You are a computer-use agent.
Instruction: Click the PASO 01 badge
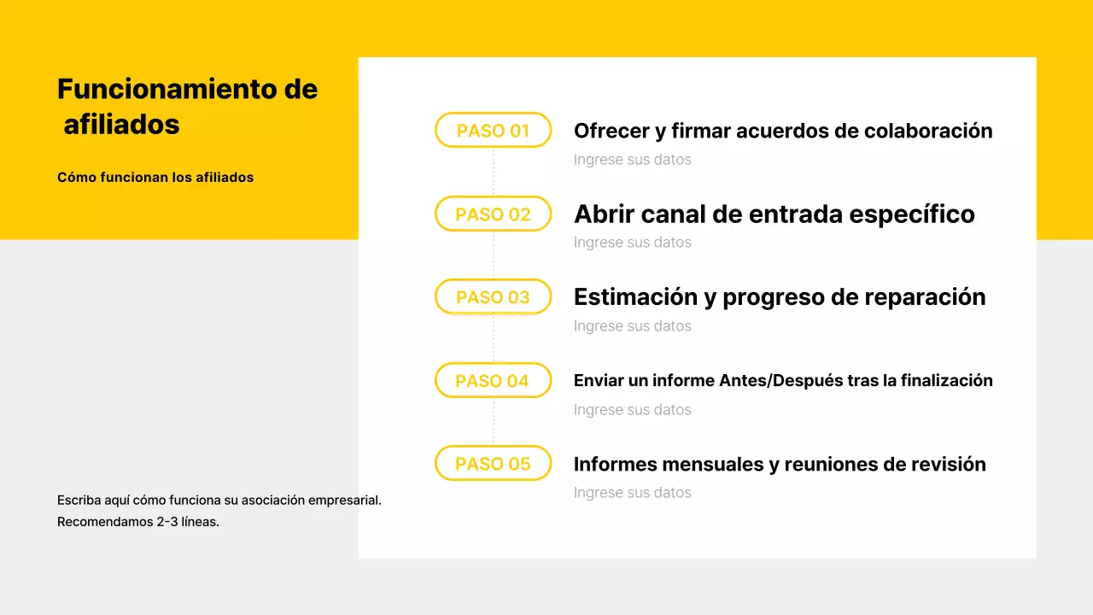tap(493, 131)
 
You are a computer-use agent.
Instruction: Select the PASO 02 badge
tap(493, 214)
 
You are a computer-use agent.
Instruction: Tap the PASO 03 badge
tap(493, 297)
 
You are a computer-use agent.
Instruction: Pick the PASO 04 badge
tap(493, 381)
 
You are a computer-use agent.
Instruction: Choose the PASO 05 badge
tap(493, 464)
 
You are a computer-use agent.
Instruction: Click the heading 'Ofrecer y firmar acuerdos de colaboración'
tap(783, 131)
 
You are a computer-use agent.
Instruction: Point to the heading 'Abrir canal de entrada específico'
tap(774, 214)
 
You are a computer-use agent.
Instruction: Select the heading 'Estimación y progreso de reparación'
tap(780, 297)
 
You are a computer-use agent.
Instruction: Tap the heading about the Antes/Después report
tap(783, 380)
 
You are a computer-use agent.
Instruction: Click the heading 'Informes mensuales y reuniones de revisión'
tap(780, 464)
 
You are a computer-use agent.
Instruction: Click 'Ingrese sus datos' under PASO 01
tap(632, 160)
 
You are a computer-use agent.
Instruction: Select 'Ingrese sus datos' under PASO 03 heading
tap(632, 326)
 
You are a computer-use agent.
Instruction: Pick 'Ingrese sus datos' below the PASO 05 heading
tap(632, 493)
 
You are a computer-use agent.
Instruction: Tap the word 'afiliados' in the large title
tap(121, 125)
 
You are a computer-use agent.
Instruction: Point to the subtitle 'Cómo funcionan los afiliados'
tap(155, 178)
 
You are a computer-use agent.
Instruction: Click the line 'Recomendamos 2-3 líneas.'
tap(138, 522)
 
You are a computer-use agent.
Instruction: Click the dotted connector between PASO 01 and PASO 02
tap(494, 172)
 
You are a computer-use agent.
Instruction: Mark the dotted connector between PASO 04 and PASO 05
tap(494, 422)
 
